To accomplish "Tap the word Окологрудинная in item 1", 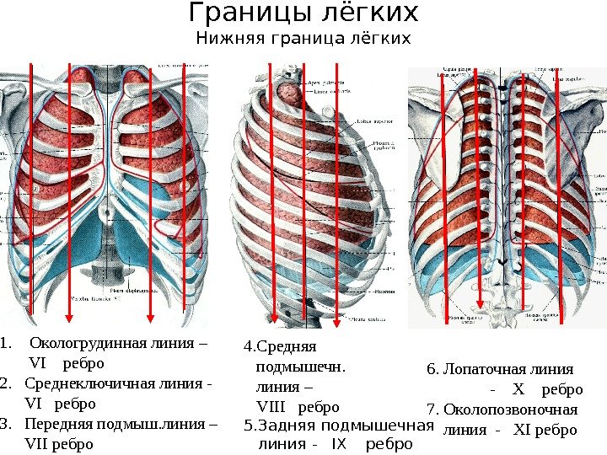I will click(81, 344).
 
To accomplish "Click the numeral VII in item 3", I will click(38, 443).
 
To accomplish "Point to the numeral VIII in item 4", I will click(271, 408).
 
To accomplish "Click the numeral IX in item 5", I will click(339, 444).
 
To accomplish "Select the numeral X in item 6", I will click(518, 390).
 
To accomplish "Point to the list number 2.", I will click(6, 384).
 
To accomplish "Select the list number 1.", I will click(6, 345).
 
